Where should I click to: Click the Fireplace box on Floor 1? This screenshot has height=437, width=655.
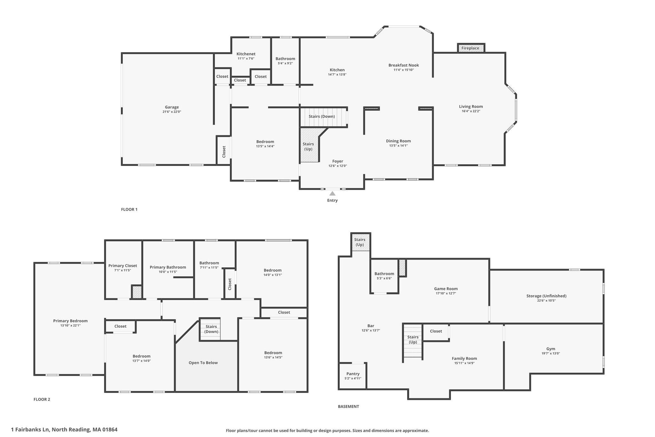tap(471, 48)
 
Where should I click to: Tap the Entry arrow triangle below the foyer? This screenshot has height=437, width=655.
tap(332, 193)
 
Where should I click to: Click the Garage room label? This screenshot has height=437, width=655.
tap(172, 107)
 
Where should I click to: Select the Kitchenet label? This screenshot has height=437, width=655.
tap(246, 54)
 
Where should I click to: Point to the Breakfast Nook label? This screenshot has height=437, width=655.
tap(404, 65)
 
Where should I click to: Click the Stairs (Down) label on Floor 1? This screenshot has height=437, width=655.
tap(322, 116)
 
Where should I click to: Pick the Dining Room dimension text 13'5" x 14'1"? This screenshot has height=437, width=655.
tap(399, 146)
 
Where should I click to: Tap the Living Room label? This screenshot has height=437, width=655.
tap(471, 107)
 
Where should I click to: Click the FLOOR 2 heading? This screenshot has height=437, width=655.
tap(42, 399)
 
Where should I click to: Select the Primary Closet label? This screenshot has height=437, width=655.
tap(122, 266)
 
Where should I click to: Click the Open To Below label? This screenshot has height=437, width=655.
tap(203, 363)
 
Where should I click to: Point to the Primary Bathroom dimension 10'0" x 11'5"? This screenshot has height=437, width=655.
tap(168, 272)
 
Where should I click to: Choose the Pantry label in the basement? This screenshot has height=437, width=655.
tap(353, 374)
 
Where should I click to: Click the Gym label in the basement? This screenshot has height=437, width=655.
tap(551, 349)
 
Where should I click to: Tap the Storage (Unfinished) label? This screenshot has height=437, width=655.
tap(546, 296)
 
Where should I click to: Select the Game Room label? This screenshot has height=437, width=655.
tap(446, 289)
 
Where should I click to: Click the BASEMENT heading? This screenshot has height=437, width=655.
tap(348, 407)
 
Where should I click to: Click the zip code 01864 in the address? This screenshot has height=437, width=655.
tap(110, 429)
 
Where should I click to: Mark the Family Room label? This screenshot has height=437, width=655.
tap(464, 359)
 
